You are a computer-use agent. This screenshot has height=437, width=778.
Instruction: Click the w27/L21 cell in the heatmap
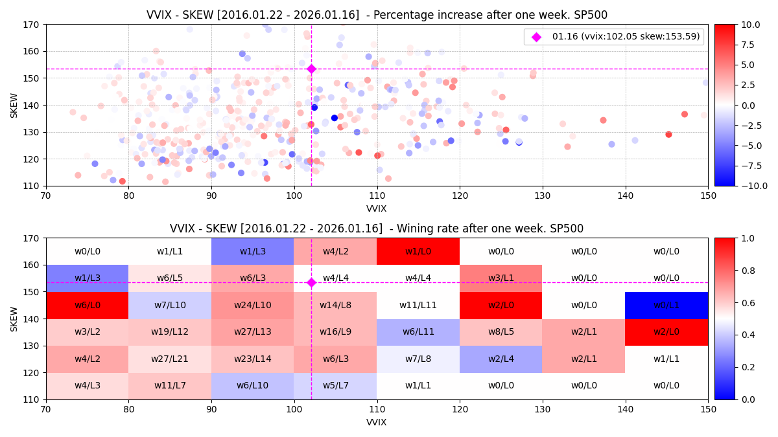pyautogui.click(x=170, y=359)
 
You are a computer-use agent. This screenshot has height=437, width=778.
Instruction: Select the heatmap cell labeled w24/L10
pyautogui.click(x=253, y=305)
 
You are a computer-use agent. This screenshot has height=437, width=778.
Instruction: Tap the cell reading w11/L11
pyautogui.click(x=418, y=305)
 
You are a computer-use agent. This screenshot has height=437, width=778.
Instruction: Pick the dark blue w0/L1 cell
pyautogui.click(x=666, y=305)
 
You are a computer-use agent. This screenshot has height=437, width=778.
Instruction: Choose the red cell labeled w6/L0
pyautogui.click(x=87, y=305)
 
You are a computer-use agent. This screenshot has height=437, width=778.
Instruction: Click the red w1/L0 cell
pyautogui.click(x=418, y=251)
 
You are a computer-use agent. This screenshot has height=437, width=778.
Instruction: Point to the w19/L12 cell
pyautogui.click(x=170, y=332)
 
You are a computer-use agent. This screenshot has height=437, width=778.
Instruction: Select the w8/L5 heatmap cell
pyautogui.click(x=501, y=332)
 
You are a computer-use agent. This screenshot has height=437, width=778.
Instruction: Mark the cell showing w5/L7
pyautogui.click(x=335, y=386)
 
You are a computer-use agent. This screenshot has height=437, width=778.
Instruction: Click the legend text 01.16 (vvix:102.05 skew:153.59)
pyautogui.click(x=626, y=37)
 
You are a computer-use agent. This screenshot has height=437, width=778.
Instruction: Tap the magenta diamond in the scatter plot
pyautogui.click(x=311, y=69)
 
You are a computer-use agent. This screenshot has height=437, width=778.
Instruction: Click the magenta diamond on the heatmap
pyautogui.click(x=311, y=282)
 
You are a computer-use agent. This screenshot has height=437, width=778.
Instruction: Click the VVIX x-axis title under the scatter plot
pyautogui.click(x=377, y=208)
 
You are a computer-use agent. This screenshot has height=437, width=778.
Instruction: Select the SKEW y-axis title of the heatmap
pyautogui.click(x=14, y=319)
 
